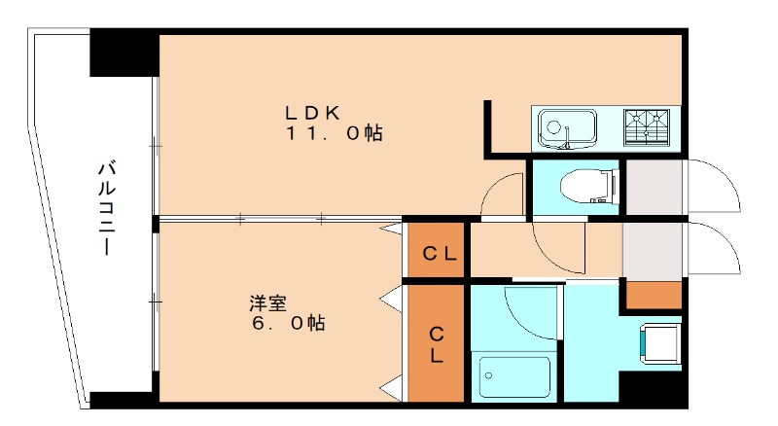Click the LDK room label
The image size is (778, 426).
(x=312, y=113)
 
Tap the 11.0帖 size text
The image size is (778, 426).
(x=334, y=133)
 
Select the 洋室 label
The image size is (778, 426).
(x=268, y=302)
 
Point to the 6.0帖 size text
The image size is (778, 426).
(x=288, y=323)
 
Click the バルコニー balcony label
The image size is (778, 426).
(x=106, y=208)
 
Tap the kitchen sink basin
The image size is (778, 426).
(x=568, y=127)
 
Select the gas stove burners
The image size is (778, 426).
(x=647, y=127)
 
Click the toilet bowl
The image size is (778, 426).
(x=590, y=186)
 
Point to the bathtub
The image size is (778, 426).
(x=514, y=376)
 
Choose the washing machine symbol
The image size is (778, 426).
(x=660, y=343)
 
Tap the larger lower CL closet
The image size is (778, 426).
(x=436, y=343)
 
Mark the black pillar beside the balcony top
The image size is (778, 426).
(x=124, y=53)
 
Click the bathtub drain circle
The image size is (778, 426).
(x=488, y=375)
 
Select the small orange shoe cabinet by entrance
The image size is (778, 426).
(x=654, y=295)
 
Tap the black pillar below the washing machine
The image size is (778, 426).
(x=653, y=388)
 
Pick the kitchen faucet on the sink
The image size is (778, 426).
(x=566, y=138)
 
